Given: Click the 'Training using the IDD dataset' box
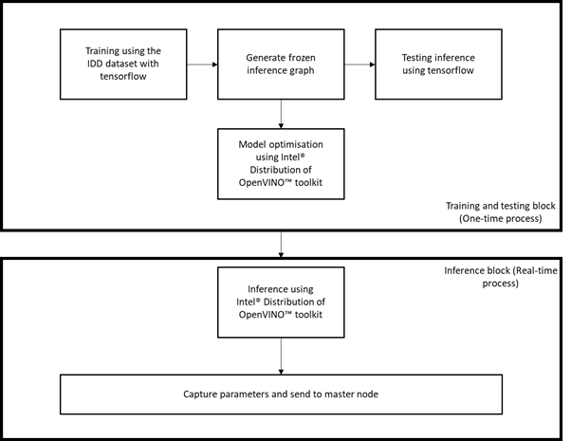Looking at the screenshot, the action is click(x=123, y=64).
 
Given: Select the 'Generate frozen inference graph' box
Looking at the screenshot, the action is click(x=281, y=64).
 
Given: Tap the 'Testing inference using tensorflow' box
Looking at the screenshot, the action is click(x=438, y=64).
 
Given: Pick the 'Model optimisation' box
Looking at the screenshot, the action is click(x=281, y=164).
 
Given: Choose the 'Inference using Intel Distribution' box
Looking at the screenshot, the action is click(x=281, y=303).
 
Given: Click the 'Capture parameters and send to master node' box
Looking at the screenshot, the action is click(x=281, y=395).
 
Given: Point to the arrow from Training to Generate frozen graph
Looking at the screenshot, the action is click(x=202, y=64).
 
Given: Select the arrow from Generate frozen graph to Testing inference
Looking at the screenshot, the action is click(x=359, y=64).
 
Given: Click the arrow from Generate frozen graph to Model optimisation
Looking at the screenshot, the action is click(x=281, y=114).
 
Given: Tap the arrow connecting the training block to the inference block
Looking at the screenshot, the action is click(x=281, y=245).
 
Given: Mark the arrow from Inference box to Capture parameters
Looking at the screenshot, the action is click(x=281, y=357).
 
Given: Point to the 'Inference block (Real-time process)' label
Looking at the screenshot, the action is click(x=501, y=277).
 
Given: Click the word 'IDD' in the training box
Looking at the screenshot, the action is click(x=95, y=64).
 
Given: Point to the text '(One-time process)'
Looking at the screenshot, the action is click(x=501, y=218).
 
